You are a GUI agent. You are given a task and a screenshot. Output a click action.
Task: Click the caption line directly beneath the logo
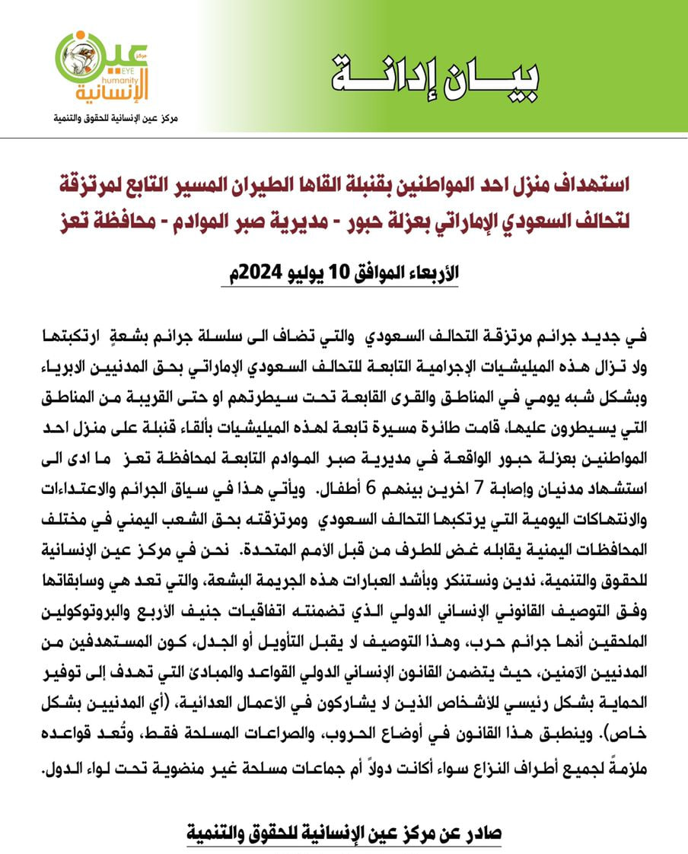pyautogui.click(x=114, y=119)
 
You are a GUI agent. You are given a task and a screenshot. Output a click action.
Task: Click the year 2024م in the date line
pyautogui.click(x=225, y=274)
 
